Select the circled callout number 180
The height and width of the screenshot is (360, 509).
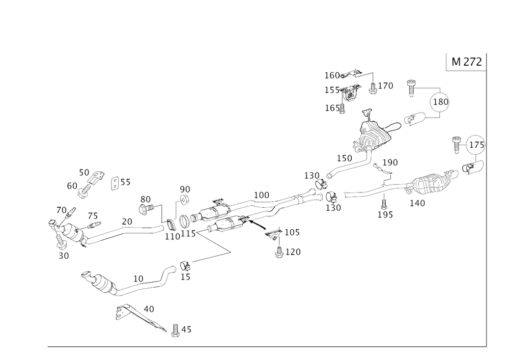[x=441, y=102]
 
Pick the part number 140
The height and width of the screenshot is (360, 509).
[x=417, y=203]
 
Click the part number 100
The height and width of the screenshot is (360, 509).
[x=261, y=194]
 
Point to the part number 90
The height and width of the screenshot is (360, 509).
[x=184, y=189]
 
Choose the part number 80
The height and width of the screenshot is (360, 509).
[x=146, y=198]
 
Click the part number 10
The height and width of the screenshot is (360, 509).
[x=86, y=171]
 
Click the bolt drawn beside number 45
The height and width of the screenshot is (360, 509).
[x=174, y=332]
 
